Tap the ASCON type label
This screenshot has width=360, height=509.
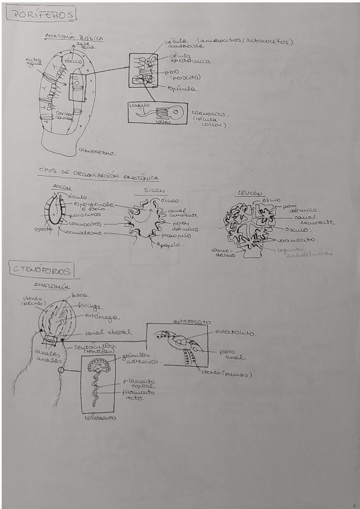coord(62,188)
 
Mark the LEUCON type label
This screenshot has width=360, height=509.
coord(247,194)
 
